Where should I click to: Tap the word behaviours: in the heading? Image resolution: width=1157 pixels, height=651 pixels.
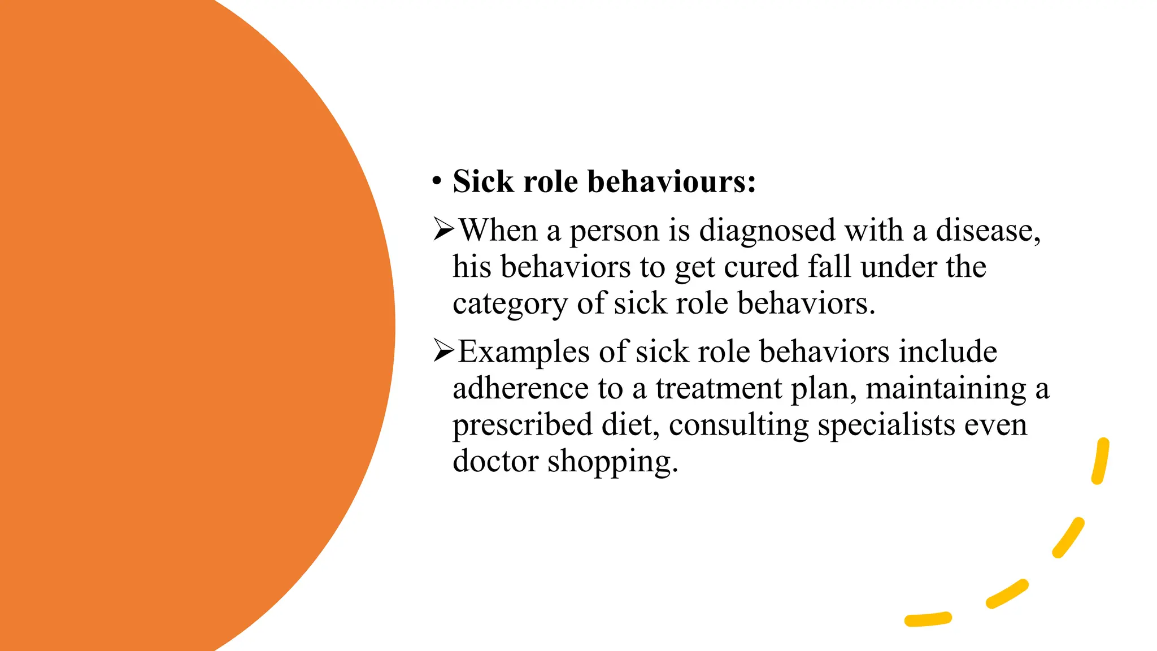[672, 181]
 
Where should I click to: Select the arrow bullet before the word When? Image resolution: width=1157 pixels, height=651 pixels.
[443, 229]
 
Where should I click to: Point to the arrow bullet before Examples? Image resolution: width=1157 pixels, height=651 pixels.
[443, 351]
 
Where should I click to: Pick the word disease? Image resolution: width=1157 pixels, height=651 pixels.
[988, 231]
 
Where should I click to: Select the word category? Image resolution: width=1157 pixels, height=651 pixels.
[510, 304]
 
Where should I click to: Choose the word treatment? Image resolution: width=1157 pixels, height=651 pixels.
[719, 388]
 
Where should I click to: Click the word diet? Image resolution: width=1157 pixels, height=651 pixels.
[630, 425]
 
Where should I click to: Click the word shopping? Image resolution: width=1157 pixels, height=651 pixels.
[612, 462]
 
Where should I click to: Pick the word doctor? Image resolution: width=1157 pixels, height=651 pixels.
[495, 461]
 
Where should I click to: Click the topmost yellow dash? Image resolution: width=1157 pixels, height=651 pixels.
[1101, 461]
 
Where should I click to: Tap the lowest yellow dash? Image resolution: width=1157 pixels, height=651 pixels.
[928, 619]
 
